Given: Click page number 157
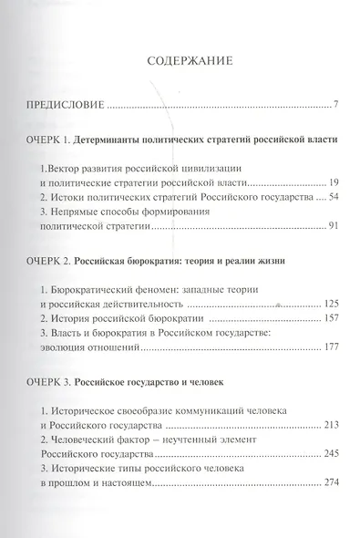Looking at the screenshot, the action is (331, 318).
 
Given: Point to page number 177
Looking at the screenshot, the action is (331, 348).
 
